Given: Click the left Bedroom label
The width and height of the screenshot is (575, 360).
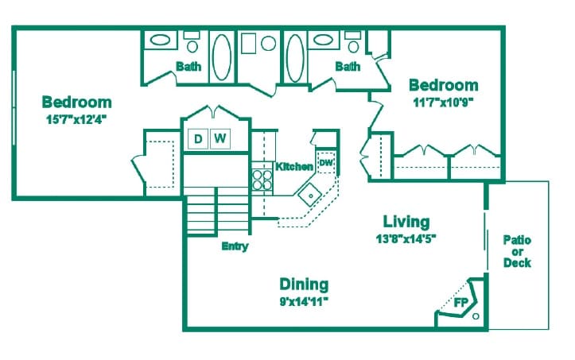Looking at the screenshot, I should [76, 103].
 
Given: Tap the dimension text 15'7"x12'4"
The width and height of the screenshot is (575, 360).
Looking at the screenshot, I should [76, 119].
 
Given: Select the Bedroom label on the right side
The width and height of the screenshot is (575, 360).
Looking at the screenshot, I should [443, 86].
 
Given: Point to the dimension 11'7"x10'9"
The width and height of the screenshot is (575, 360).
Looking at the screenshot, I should [443, 102].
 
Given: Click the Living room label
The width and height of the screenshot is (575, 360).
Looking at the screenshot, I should [406, 222].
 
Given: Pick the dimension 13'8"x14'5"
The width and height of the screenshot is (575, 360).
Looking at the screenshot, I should [406, 238].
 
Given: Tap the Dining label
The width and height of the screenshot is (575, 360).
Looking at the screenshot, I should [304, 285].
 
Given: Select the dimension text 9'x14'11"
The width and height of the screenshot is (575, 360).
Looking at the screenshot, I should [304, 300].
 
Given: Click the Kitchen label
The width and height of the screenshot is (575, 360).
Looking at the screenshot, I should [294, 167].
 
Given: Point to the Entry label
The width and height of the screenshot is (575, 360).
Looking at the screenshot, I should [235, 246].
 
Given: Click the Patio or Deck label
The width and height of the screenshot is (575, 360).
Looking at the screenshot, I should [517, 251].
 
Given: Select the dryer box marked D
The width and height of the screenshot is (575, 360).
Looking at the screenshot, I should [198, 139].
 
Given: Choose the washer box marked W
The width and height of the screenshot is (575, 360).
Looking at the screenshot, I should [220, 139].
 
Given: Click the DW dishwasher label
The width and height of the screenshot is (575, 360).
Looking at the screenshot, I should [325, 164].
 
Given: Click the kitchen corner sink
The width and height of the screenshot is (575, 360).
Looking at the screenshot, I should [309, 193].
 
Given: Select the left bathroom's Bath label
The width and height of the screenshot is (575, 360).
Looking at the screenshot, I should [188, 67].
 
